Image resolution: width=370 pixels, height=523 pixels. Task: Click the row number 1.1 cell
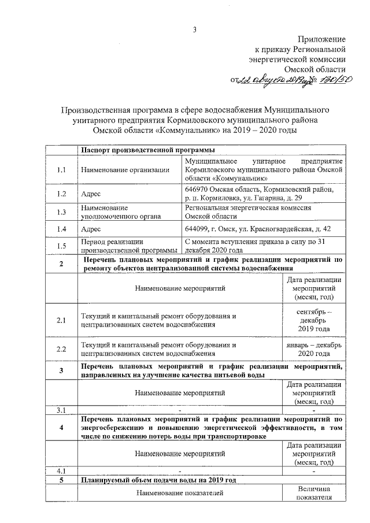point(61,170)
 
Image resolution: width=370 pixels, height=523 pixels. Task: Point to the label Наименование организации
point(125,170)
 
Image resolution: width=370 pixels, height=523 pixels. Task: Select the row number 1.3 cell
point(61,212)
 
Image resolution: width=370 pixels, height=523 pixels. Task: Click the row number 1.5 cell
point(61,246)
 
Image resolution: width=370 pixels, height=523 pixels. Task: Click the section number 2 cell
point(61,264)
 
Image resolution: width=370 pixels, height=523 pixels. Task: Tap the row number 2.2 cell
point(61,349)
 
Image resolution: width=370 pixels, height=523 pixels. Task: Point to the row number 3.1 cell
point(61,410)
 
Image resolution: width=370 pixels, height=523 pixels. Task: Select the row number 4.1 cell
point(61,470)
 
